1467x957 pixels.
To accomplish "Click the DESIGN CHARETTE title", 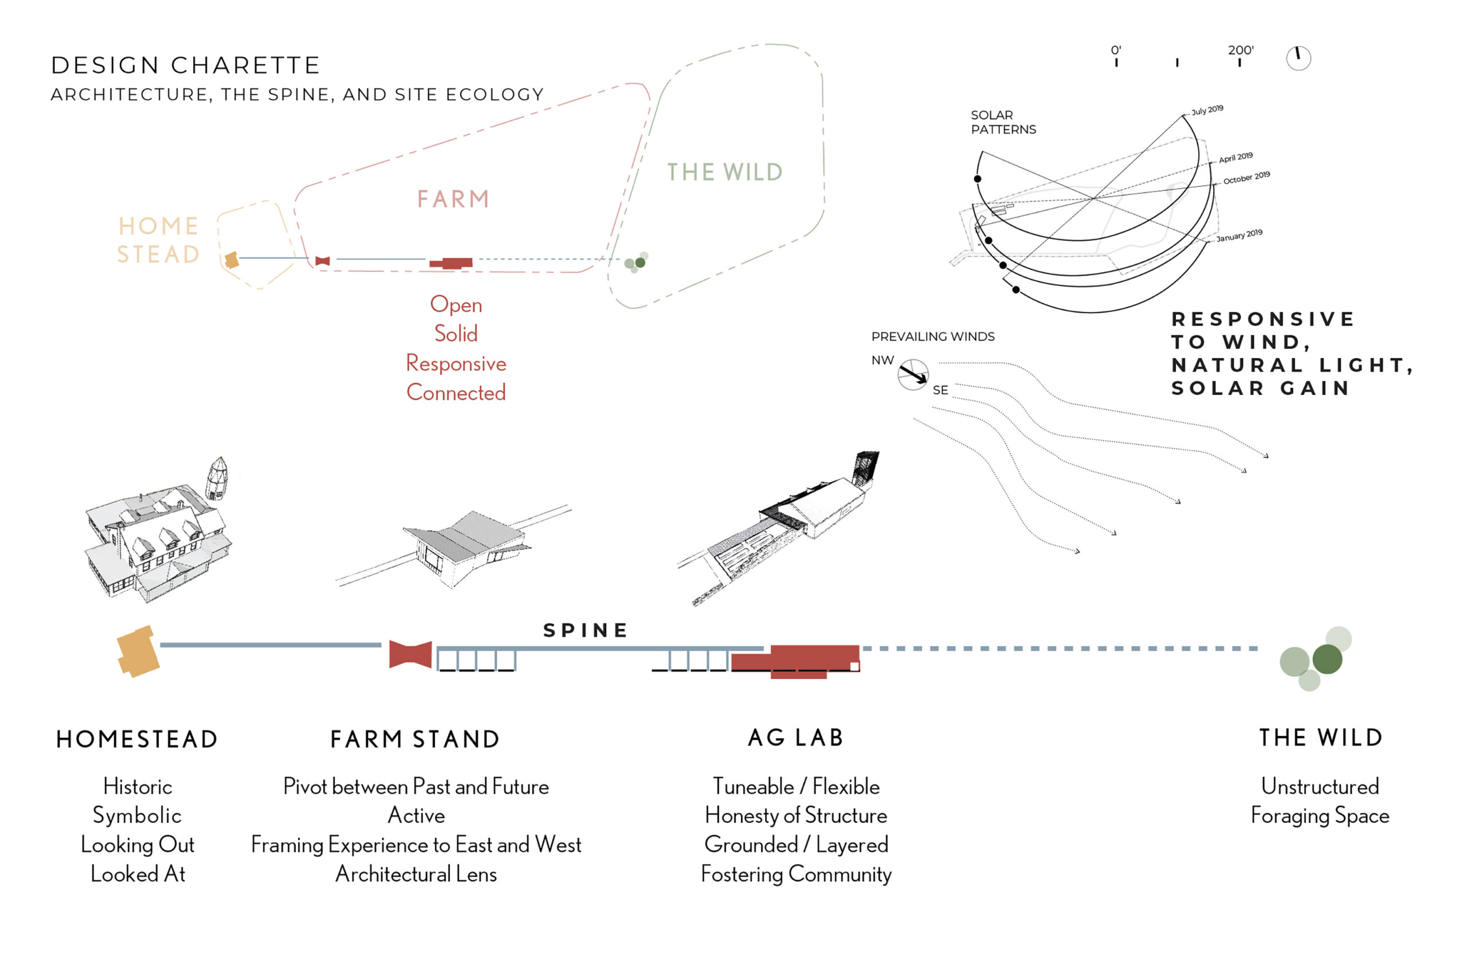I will pos(186,65).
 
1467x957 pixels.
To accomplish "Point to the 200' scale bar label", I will pos(1240,50).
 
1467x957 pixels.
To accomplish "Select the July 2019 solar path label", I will pos(1207,110).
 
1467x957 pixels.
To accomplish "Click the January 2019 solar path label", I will pos(1239,235).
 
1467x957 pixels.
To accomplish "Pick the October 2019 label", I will pos(1246,178).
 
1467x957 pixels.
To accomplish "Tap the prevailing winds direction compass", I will pos(913,375).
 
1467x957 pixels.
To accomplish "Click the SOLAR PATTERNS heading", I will pos(1003,122).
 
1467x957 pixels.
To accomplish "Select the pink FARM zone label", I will pos(453,199).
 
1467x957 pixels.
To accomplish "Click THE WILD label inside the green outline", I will pos(725,172).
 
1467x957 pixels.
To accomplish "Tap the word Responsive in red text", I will pos(456,363).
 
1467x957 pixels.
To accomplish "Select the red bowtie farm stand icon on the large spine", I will pos(410,654).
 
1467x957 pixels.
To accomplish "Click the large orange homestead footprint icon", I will pos(138,651).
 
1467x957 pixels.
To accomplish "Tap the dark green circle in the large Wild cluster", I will pos(1327,659).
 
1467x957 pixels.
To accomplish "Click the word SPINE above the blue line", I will pos(586,630).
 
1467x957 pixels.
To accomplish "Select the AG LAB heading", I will pos(795,738).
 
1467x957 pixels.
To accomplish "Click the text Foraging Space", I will pos(1320,815).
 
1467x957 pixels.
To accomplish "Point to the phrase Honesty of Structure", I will pos(796,815).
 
